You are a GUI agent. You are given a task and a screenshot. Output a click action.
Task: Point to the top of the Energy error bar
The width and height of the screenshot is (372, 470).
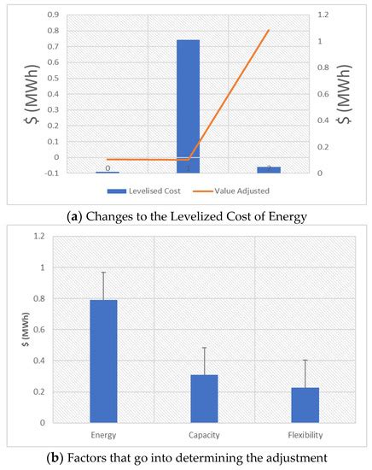[103, 272]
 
